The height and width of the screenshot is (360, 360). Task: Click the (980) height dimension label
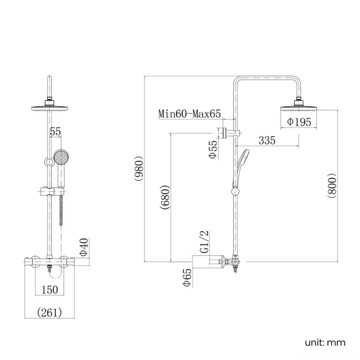[x=138, y=169]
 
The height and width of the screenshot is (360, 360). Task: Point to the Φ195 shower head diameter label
[x=300, y=122]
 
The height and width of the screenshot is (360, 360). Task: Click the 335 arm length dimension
[x=267, y=140]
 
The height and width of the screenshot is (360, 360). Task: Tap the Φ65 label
[x=187, y=276]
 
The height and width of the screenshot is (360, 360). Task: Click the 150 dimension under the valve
[x=50, y=289]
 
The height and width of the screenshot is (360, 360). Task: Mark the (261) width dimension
[x=50, y=312]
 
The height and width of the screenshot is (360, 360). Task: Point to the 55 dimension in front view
[x=55, y=132]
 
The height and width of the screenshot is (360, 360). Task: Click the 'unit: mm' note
[x=325, y=342]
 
